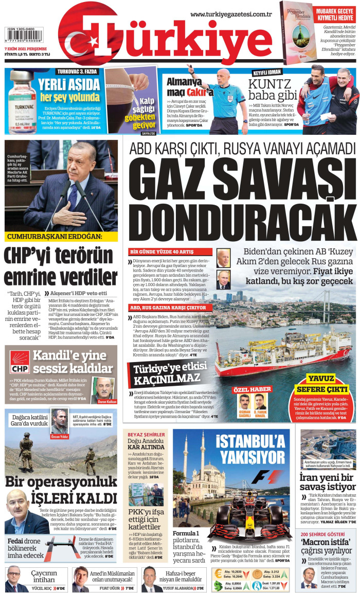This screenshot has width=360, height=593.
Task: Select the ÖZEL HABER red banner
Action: (x=252, y=389)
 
